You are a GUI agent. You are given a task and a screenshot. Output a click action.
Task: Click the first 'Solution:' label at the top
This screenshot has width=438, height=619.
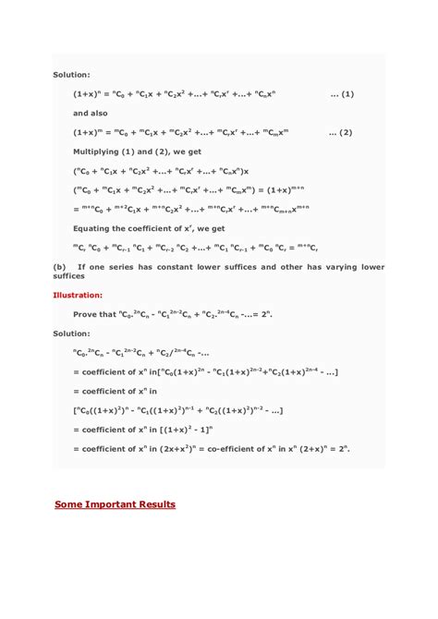pos(70,75)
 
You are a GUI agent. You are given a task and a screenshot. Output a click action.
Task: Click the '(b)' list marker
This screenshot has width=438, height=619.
pos(59,267)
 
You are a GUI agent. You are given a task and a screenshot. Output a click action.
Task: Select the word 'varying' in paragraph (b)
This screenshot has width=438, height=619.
pos(337,267)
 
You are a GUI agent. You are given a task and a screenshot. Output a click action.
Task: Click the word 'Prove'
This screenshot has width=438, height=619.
pos(88,314)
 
